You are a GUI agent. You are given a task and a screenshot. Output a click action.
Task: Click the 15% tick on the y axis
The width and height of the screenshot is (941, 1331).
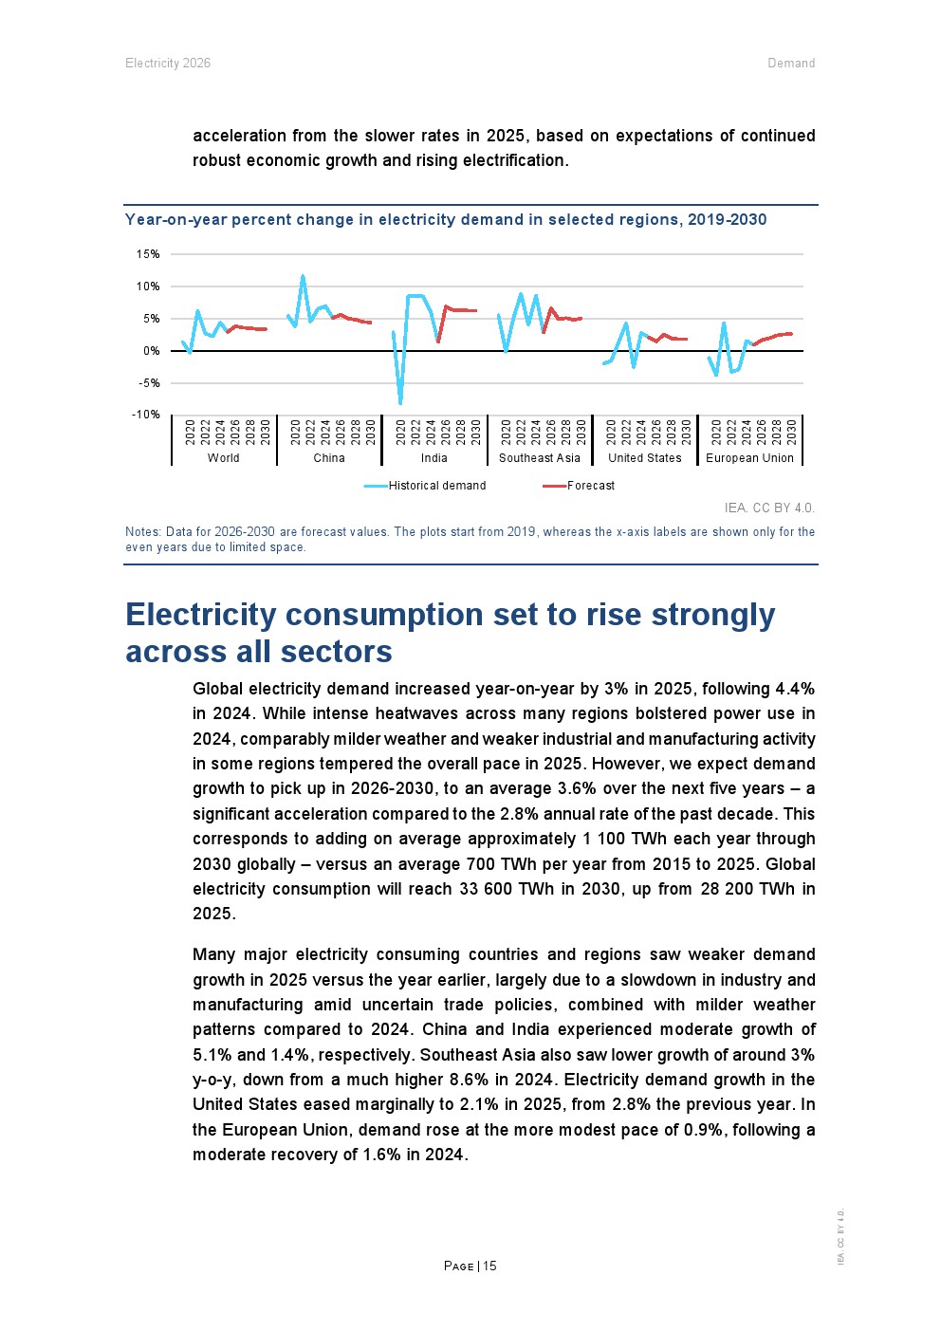click(x=148, y=254)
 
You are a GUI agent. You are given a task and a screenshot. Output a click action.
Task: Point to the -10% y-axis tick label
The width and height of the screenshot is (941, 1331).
click(x=146, y=415)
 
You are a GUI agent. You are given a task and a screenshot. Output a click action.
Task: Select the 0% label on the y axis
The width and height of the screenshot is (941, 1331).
click(x=151, y=351)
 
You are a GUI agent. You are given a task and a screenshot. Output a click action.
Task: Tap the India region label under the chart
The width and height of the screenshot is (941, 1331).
click(x=434, y=458)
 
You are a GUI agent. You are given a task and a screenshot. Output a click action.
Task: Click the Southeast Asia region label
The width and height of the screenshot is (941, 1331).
click(x=540, y=458)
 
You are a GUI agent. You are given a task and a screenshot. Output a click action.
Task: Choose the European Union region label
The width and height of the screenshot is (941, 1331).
click(x=749, y=458)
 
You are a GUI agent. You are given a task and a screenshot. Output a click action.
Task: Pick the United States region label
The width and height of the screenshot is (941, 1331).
click(x=645, y=458)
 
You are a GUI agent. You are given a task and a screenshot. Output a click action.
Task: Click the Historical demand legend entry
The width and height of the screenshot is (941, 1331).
click(x=436, y=486)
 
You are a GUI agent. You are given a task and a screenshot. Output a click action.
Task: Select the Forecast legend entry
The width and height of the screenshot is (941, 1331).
click(x=590, y=486)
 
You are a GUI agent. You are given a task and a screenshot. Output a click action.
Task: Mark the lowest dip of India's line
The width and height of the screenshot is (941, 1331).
click(x=400, y=403)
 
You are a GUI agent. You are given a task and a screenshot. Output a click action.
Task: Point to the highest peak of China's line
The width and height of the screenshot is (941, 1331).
click(x=303, y=276)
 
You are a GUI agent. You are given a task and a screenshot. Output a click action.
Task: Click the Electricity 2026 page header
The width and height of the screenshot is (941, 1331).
click(x=168, y=64)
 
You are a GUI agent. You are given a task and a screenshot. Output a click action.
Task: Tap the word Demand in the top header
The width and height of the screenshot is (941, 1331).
click(x=791, y=64)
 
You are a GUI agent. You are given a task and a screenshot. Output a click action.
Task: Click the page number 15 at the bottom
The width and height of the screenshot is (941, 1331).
click(x=489, y=1266)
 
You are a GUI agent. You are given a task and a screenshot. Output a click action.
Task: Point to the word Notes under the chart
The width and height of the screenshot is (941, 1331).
click(x=142, y=532)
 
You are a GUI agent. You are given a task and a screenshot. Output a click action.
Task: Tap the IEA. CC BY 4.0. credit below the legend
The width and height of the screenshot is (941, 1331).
click(x=769, y=508)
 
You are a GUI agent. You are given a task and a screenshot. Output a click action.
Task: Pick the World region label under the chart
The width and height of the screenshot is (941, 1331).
click(x=224, y=458)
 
